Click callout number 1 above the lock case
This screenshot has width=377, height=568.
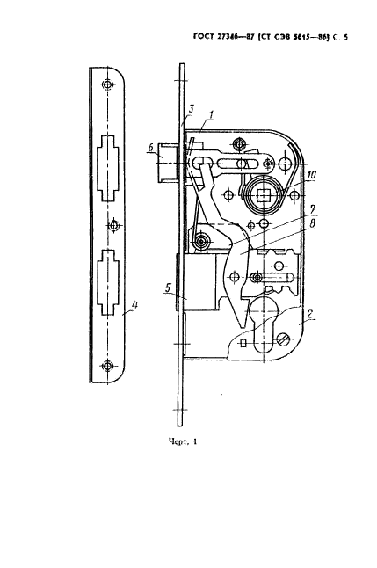[211, 116]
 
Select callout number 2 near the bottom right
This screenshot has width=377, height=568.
[309, 314]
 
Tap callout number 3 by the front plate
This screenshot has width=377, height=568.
[192, 109]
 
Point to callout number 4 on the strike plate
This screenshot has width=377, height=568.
[134, 305]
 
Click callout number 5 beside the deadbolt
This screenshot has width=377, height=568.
[168, 288]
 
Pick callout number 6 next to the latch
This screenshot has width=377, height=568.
[151, 149]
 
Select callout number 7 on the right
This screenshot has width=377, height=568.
[312, 209]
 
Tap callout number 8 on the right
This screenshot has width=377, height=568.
[312, 223]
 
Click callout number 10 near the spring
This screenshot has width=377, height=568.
[311, 175]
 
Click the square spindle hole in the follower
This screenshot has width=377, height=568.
[262, 195]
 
